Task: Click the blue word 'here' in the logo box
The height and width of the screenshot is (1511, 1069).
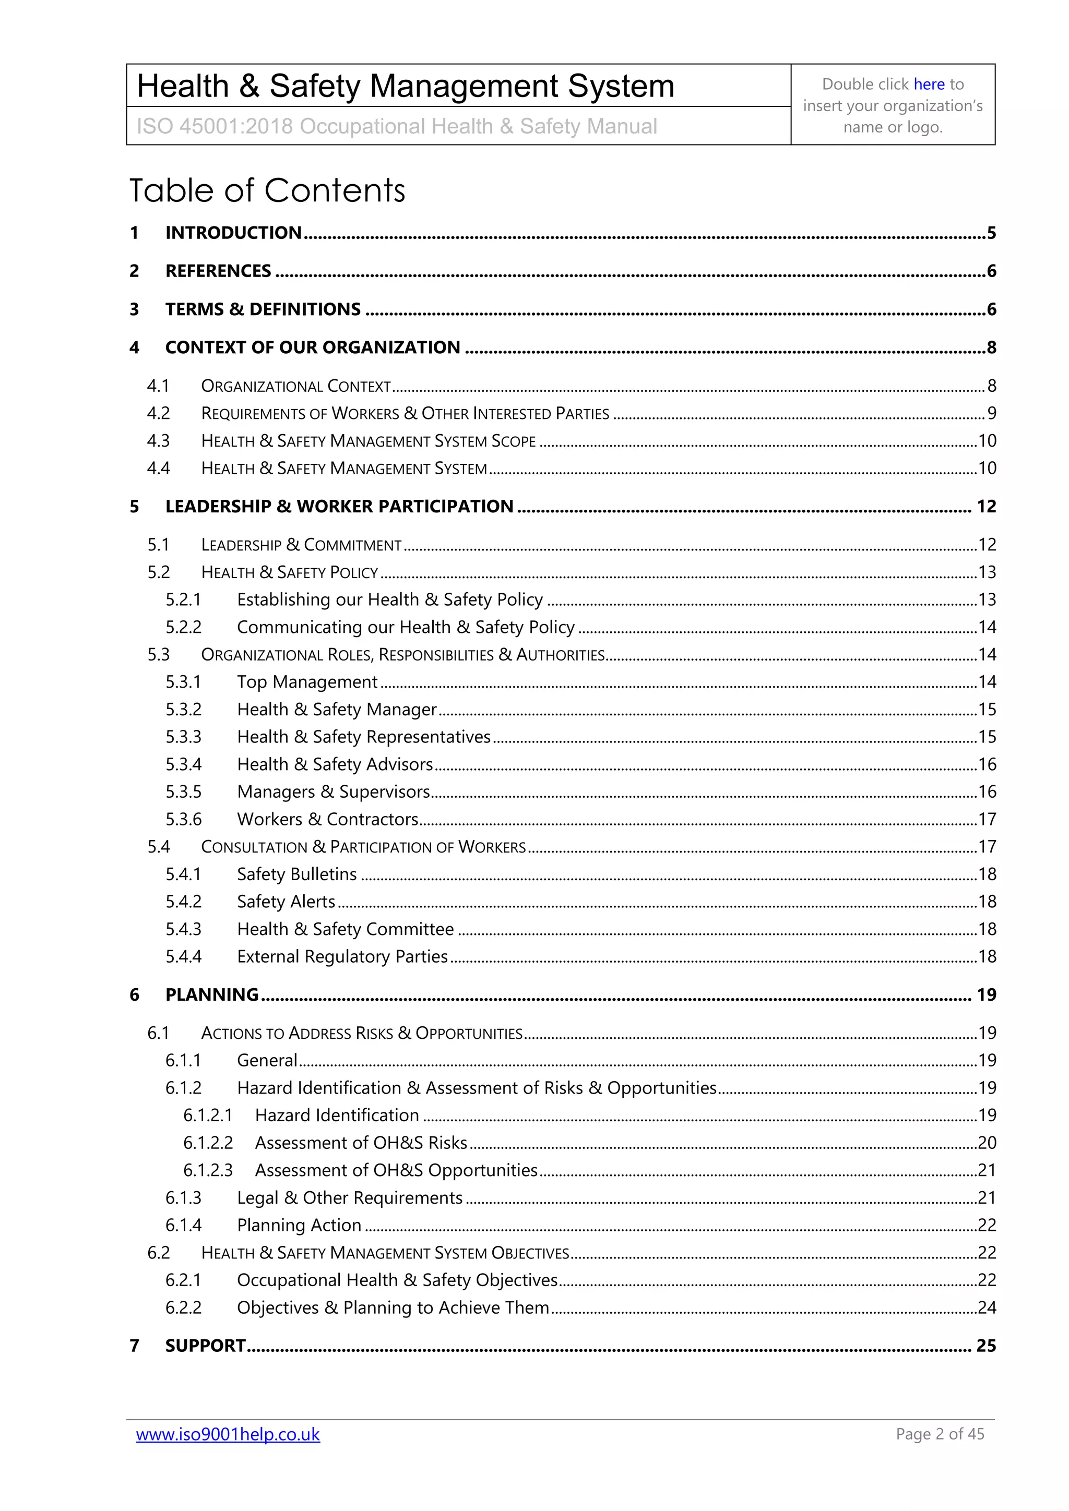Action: tap(929, 84)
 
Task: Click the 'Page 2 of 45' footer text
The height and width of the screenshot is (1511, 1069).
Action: tap(940, 1434)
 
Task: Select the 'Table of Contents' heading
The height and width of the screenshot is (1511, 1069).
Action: tap(267, 191)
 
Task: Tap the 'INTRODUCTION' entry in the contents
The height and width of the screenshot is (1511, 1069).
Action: tap(233, 233)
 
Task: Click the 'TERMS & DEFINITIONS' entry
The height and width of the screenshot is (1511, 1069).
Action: tap(263, 309)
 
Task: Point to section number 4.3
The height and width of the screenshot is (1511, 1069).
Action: tap(158, 441)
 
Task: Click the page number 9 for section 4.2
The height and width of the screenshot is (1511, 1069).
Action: tap(991, 413)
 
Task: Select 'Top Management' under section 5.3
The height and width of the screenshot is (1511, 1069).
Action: tap(307, 682)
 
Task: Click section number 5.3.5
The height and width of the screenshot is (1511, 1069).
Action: tap(183, 792)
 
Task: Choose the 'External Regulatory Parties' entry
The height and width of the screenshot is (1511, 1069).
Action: tap(342, 956)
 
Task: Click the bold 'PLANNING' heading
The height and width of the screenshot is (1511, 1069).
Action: tap(211, 994)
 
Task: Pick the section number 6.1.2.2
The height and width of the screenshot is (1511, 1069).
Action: tap(208, 1143)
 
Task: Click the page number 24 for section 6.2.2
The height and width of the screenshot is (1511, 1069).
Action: tap(986, 1308)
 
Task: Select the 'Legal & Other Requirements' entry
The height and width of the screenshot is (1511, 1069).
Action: tap(350, 1198)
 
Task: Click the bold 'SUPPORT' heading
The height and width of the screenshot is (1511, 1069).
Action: tap(205, 1346)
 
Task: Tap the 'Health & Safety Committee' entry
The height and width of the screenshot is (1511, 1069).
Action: tap(345, 929)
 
